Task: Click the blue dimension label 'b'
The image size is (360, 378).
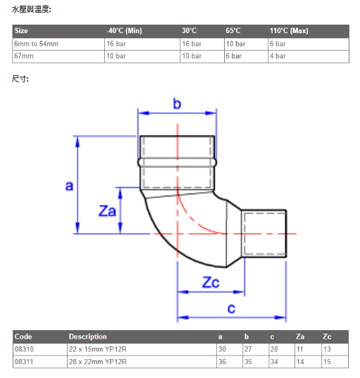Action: tap(177, 103)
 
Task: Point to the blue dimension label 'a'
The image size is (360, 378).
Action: tap(69, 186)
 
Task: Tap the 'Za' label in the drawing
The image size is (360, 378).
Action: tap(107, 210)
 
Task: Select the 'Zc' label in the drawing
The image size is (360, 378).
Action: tap(211, 282)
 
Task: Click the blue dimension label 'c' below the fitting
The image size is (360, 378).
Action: tap(231, 308)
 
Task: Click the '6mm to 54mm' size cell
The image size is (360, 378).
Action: tap(36, 44)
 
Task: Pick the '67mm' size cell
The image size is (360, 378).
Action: tap(24, 56)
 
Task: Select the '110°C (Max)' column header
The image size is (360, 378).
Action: tap(289, 30)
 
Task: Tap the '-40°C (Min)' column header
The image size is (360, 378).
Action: tap(124, 30)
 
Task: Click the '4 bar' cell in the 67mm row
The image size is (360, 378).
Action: tap(278, 56)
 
